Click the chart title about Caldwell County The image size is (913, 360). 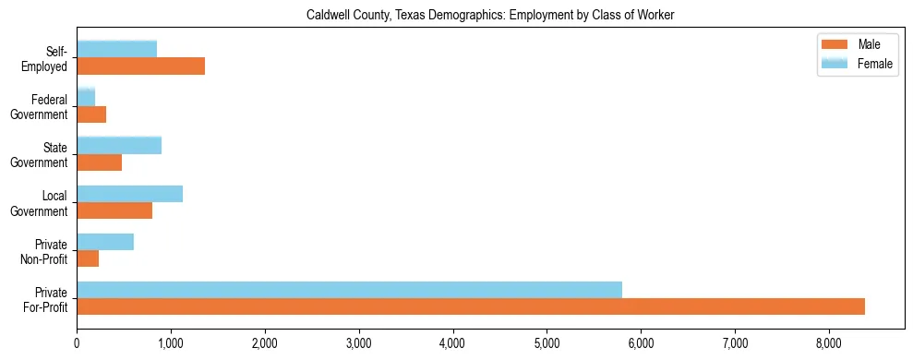(456, 15)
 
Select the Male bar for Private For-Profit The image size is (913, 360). (471, 307)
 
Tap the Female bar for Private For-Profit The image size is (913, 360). (349, 289)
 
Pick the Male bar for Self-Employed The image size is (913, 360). (140, 66)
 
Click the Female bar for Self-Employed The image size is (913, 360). (116, 48)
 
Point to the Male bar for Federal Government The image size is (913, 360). (91, 114)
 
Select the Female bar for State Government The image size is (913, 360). (119, 145)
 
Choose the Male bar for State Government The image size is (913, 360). (99, 162)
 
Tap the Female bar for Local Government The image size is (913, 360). (129, 193)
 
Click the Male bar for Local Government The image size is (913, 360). (114, 211)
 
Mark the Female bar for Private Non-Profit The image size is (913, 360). (105, 241)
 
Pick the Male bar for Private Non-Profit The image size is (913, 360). (88, 259)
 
